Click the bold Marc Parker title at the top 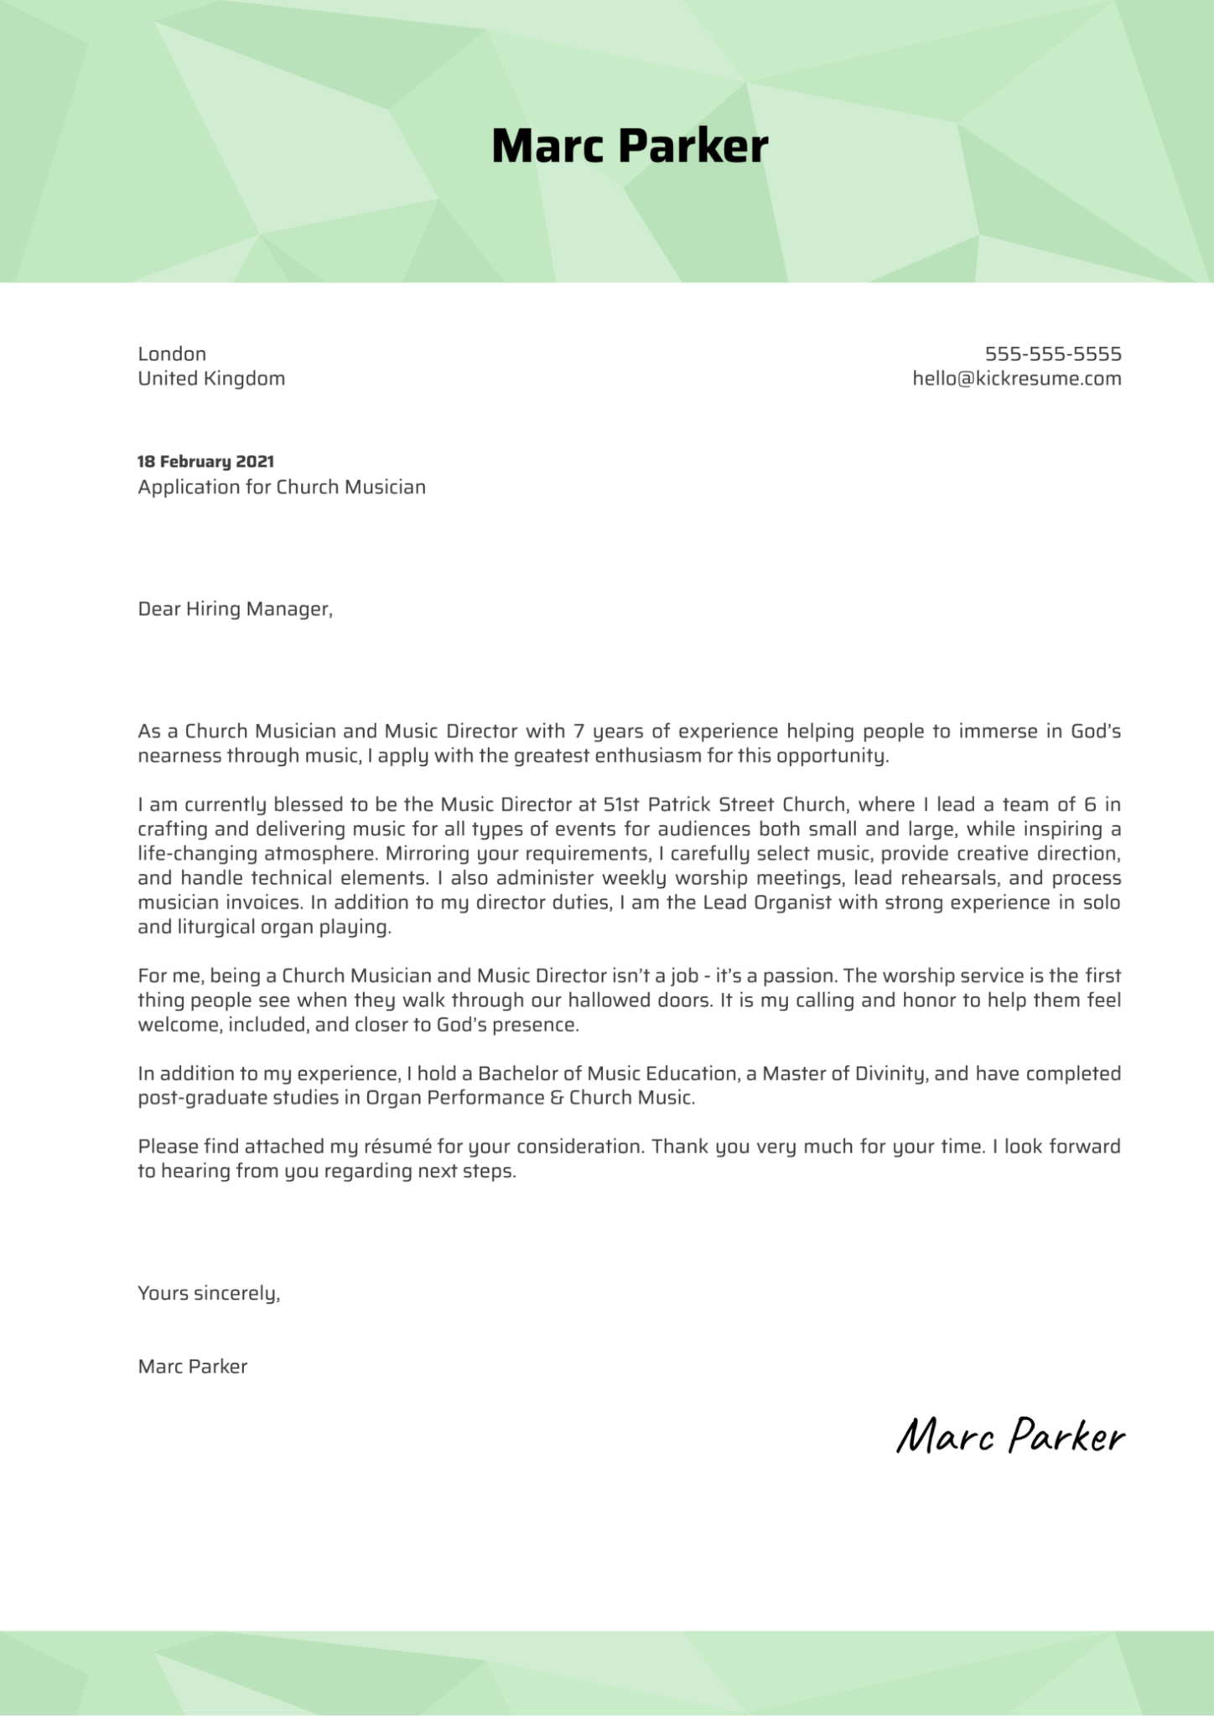coord(629,147)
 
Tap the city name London coord(172,354)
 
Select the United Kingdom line coord(211,379)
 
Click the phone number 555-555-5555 coord(1052,354)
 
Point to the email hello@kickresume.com coord(1016,379)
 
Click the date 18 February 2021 coord(205,462)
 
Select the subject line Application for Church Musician coord(282,487)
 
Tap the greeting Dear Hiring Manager coord(235,609)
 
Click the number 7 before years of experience coord(578,731)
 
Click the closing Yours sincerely coord(209,1294)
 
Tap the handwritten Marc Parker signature coord(1010,1436)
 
